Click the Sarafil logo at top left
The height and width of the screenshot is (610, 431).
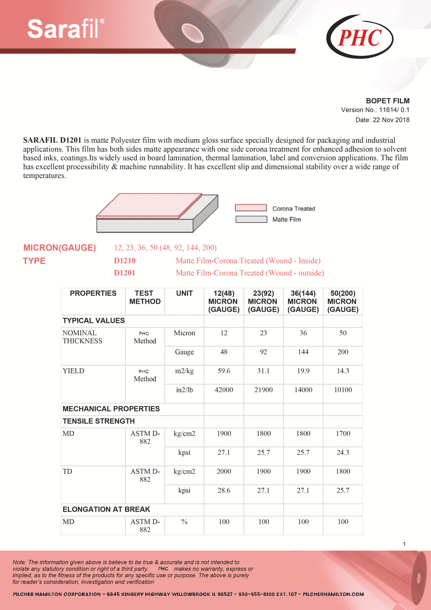tap(66, 29)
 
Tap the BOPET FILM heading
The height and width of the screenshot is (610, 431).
tap(388, 101)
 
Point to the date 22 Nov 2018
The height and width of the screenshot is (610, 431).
tap(382, 120)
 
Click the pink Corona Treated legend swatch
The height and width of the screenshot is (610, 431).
tap(251, 208)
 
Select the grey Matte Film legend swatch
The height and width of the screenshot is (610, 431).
tap(251, 219)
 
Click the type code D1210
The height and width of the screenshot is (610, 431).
tap(125, 261)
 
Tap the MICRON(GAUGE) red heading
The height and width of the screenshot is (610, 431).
tap(60, 248)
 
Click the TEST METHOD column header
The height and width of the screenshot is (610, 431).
tap(145, 297)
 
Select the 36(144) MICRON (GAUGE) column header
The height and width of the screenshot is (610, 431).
tap(303, 301)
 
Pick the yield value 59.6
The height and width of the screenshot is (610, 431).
tap(224, 371)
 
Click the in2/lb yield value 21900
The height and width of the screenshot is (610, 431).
tap(263, 390)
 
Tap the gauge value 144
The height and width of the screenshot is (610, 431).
tap(303, 352)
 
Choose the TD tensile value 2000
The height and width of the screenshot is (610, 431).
tap(224, 471)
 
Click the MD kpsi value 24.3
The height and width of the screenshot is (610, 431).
tap(343, 452)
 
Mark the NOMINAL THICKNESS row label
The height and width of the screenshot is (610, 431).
tap(82, 337)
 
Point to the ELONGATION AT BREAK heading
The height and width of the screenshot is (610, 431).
tap(106, 509)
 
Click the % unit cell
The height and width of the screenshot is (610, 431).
tap(184, 522)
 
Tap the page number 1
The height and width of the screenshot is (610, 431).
tap(404, 544)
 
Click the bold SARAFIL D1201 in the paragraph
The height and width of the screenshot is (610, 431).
tap(52, 140)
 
